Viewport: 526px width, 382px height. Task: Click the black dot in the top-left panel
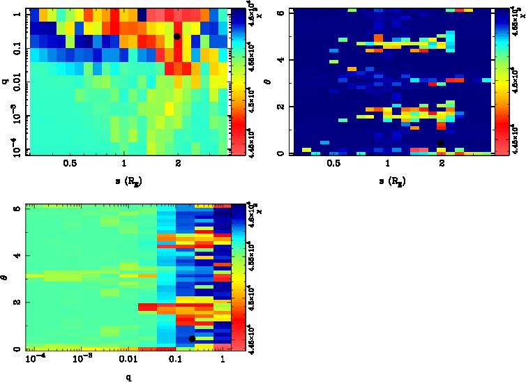177,36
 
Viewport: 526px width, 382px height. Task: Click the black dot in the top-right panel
440,143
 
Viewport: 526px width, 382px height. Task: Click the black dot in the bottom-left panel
192,339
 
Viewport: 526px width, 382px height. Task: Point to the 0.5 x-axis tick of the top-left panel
70,164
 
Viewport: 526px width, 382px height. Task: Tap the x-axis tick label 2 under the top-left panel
179,164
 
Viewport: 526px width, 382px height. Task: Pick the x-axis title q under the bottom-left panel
128,378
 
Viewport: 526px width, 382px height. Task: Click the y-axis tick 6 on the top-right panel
280,13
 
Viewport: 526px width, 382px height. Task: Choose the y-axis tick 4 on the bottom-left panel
16,256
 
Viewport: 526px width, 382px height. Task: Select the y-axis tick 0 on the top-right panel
280,153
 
